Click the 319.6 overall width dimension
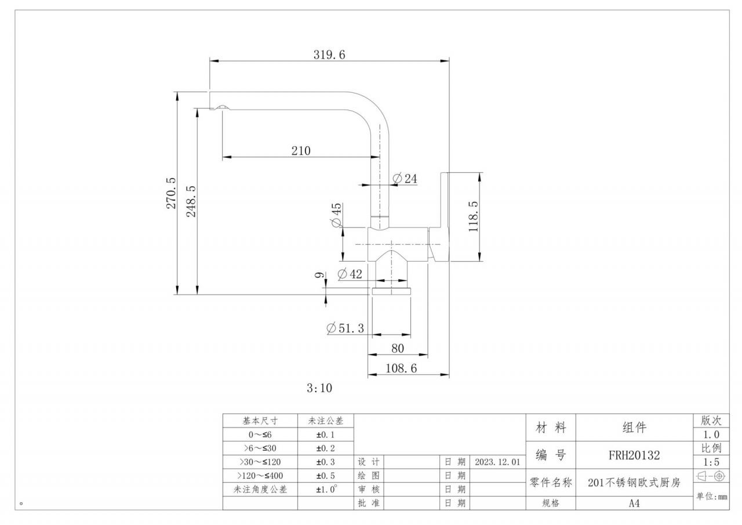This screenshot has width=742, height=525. pos(329,55)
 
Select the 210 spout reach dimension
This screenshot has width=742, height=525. pos(301,151)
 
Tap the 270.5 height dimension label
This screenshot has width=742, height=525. pos(172,193)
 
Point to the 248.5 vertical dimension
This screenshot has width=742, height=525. pos(191,201)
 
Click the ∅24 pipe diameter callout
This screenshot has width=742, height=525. pos(405,179)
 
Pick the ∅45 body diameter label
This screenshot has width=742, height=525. pos(336,215)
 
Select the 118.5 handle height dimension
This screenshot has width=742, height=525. pos(474,217)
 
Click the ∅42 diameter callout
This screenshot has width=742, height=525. pos(350,274)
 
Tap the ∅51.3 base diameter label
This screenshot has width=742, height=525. pos(345,328)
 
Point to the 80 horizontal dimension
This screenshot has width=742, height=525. pos(398,349)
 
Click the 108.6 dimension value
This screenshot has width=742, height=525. pos(401,368)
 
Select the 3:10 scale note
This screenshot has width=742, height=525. pos(319,388)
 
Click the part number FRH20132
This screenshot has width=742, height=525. pos(634,455)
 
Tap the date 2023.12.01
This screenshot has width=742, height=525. pos(497,462)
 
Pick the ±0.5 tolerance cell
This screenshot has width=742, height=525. pos(325,476)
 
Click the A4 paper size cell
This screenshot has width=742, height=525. pos(634,504)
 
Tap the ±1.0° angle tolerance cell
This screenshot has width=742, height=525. pos(325,490)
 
